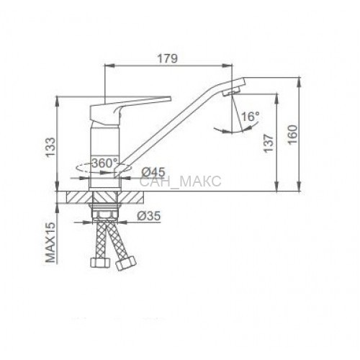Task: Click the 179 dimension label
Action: [168, 58]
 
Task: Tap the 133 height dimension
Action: [50, 147]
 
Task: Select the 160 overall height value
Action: [292, 134]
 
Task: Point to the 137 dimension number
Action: [269, 143]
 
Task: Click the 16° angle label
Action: [251, 117]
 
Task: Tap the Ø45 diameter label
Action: [153, 172]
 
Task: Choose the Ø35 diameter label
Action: [148, 216]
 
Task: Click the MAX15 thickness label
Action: [50, 243]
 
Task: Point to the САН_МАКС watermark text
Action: [180, 181]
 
